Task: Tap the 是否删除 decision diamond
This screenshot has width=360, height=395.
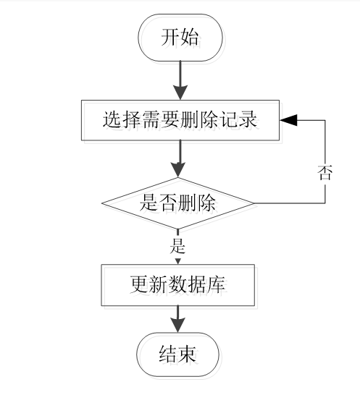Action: pos(178,203)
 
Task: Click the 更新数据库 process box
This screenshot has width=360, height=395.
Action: pos(178,285)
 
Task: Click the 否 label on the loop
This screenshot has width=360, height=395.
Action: pos(325,172)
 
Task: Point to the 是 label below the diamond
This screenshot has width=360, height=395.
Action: pos(178,245)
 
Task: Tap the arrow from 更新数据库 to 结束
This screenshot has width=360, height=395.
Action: pos(178,320)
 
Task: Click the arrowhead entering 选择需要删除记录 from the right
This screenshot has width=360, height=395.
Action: pos(290,120)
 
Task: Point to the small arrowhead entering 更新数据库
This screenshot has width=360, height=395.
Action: pos(178,261)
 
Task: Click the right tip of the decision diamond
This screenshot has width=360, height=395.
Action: pos(254,203)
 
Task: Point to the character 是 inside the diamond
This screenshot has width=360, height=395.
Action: pos(148,203)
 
